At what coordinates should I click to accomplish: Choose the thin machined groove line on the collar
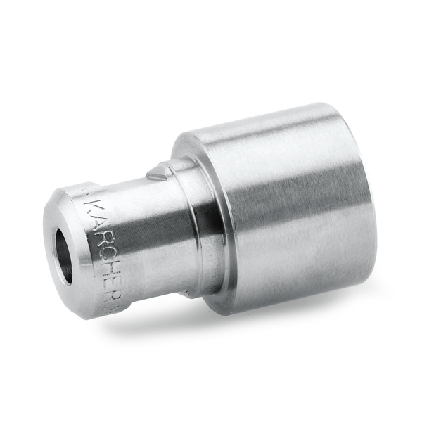194,225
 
